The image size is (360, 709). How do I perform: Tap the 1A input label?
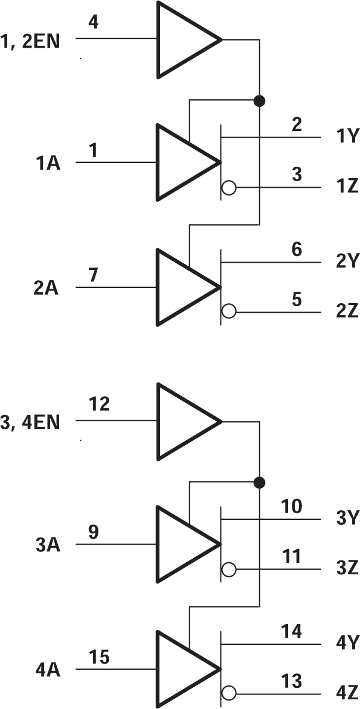point(47,163)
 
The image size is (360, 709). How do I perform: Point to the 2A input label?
point(46,288)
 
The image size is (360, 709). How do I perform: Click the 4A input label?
point(47,670)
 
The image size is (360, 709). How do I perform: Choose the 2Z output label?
point(347,313)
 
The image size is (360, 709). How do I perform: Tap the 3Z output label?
point(347,569)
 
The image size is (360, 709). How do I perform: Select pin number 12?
point(100,404)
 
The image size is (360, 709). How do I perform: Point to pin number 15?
point(100,656)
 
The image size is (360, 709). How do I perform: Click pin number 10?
point(292,506)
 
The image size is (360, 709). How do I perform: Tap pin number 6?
point(297,249)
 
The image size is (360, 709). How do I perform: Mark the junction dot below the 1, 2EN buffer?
point(260,101)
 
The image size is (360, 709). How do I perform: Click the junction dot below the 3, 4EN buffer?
point(260,482)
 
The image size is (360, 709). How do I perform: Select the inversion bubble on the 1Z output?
point(228,188)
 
